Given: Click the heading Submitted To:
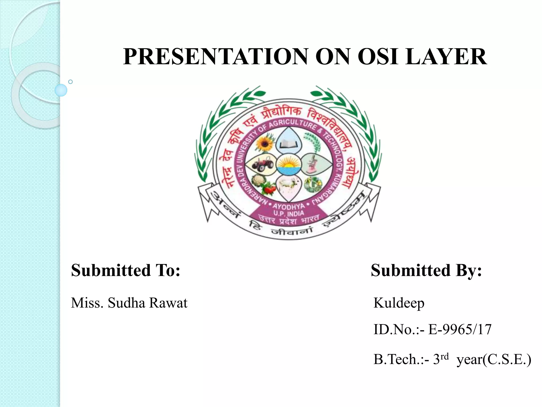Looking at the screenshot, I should click(126, 270).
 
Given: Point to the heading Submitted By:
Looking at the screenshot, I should click(426, 270).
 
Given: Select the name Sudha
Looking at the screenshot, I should click(127, 303).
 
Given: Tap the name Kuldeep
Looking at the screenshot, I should click(399, 303).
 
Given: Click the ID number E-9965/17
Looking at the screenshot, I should click(460, 329).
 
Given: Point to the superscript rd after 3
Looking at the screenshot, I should click(445, 356).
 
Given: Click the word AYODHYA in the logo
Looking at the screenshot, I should click(289, 206).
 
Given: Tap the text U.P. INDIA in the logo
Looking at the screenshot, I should click(289, 214).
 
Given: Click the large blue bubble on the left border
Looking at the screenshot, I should click(61, 90).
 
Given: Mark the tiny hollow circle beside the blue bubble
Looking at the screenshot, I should click(70, 82).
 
